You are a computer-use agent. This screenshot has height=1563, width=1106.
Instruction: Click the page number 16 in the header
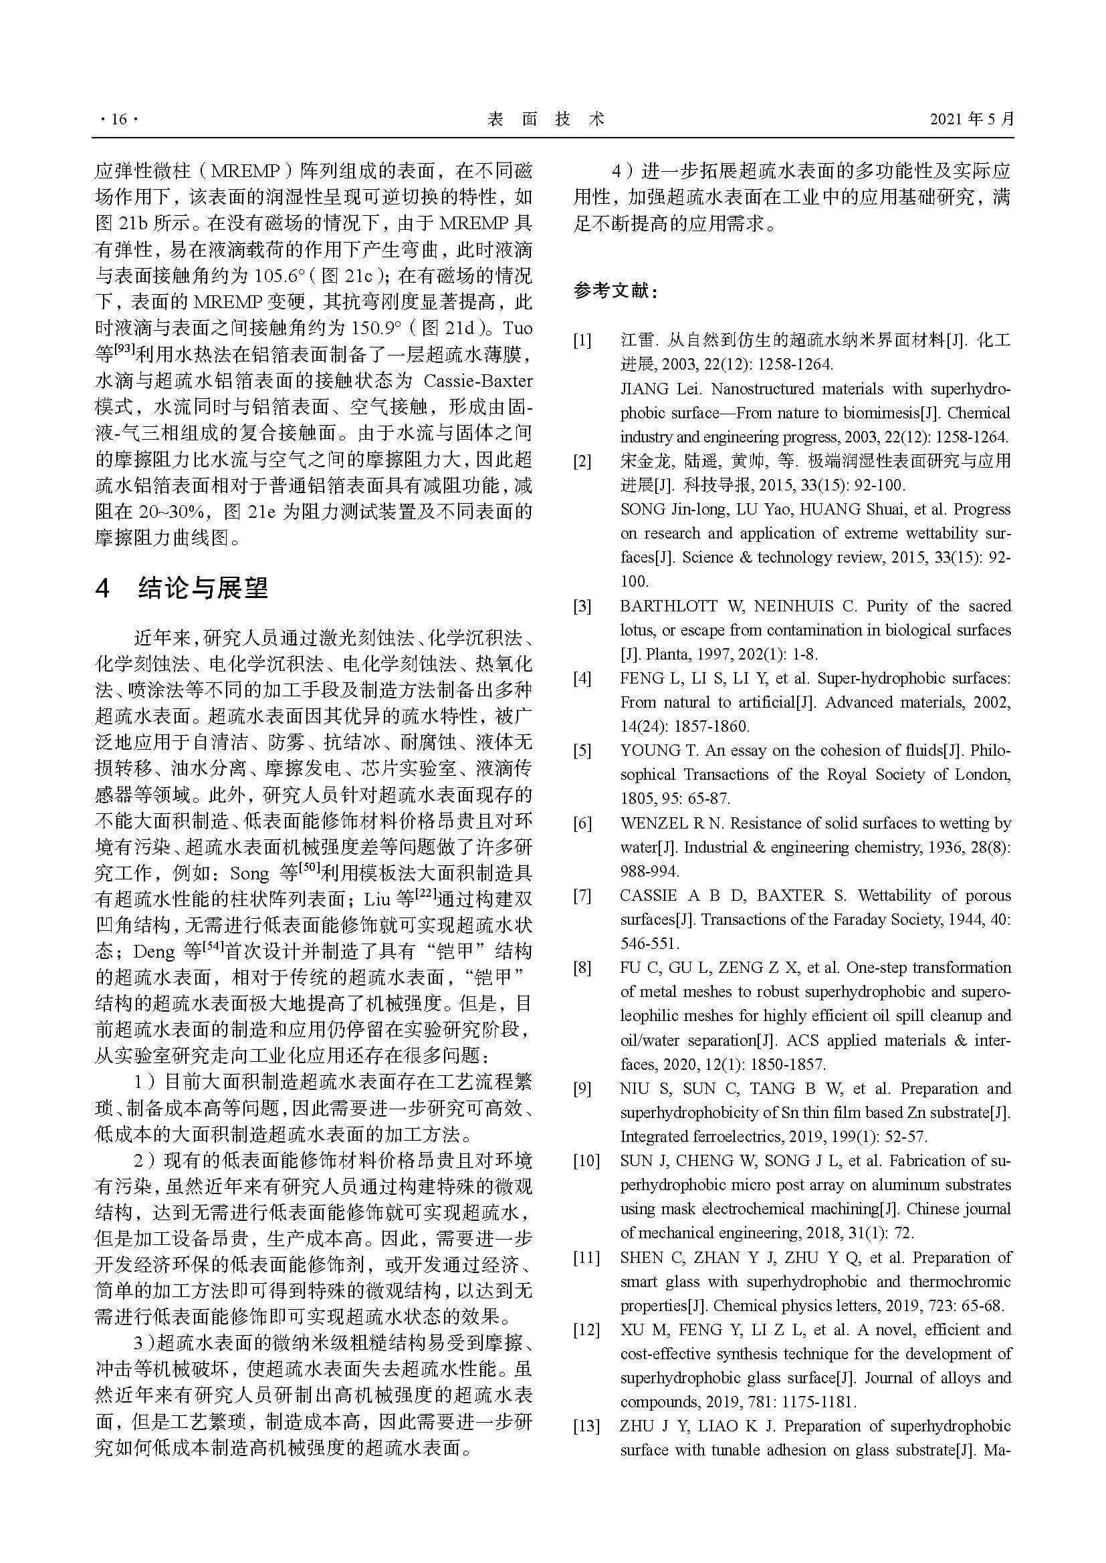click(118, 119)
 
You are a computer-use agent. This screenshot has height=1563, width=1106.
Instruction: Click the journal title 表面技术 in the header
click(546, 119)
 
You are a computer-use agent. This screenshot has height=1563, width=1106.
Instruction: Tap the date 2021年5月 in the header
click(972, 119)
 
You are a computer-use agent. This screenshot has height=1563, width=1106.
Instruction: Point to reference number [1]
click(582, 340)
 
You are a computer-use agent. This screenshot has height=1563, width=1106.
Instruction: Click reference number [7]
click(582, 896)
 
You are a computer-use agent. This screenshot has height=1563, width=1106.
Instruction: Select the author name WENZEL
click(654, 824)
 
